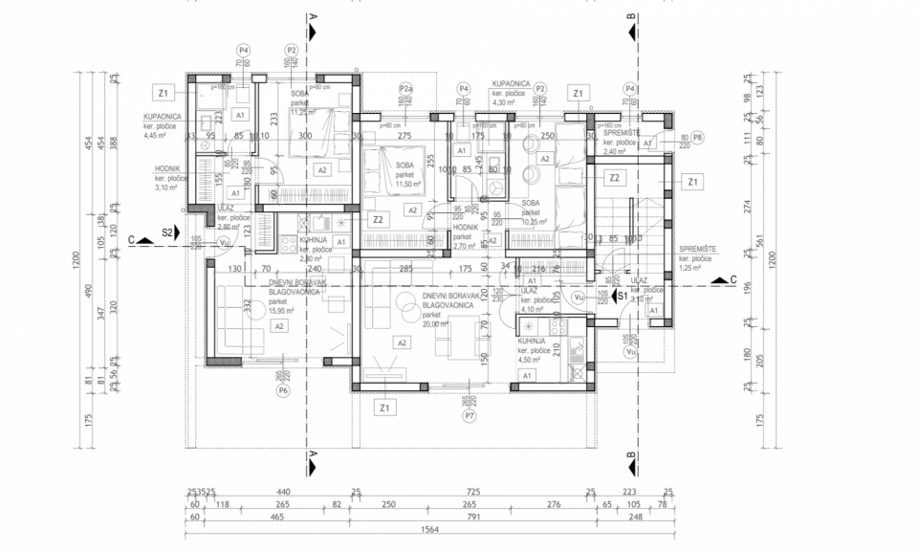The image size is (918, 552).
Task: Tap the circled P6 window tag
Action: (x=282, y=390)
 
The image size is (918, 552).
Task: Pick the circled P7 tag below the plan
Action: (x=470, y=416)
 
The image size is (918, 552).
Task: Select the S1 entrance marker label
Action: (x=621, y=297)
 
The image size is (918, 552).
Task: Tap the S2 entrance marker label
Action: (x=167, y=232)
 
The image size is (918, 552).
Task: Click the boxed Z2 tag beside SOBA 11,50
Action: (x=379, y=219)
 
